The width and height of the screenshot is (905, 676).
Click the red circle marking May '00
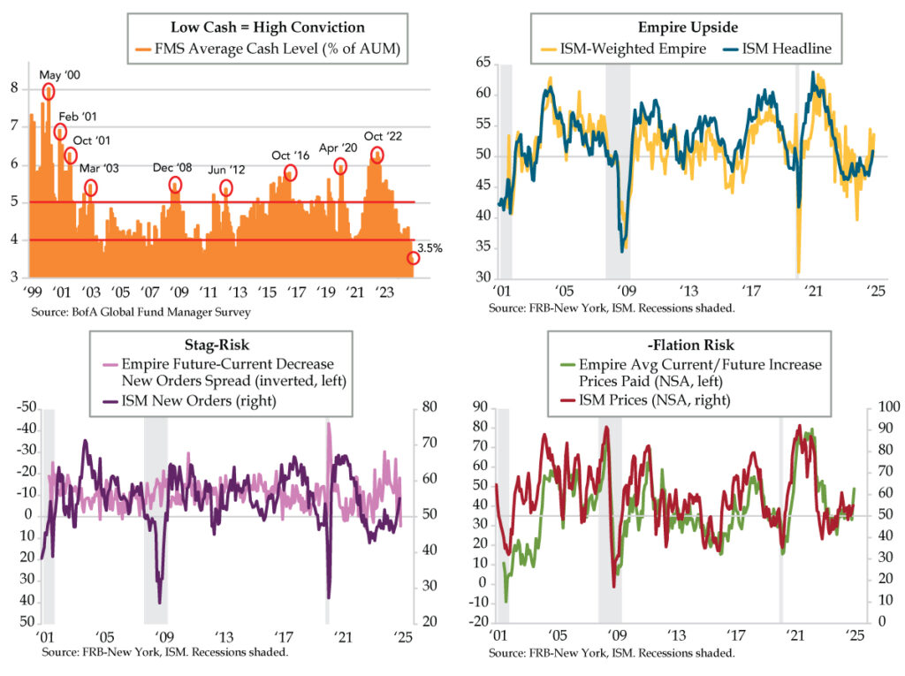point(48,91)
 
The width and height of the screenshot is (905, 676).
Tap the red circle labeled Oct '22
point(377,156)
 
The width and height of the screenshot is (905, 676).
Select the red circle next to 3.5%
point(413,258)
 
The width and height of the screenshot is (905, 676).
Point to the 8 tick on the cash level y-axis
point(14,88)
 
